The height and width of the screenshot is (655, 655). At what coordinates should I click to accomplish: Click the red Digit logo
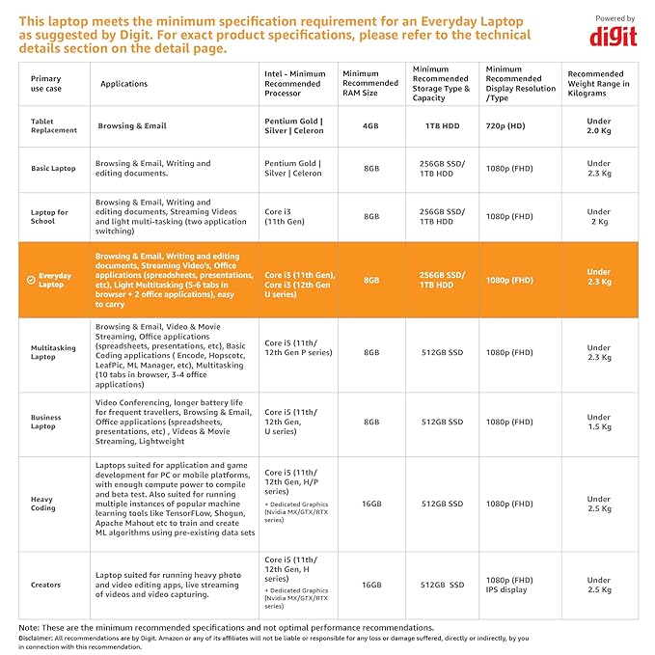[x=614, y=38]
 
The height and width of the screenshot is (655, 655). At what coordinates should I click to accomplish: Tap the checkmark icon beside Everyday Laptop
[x=31, y=280]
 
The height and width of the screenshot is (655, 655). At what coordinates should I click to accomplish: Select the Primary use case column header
[x=46, y=84]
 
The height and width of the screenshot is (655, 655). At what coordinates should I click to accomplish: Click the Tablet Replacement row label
[x=54, y=125]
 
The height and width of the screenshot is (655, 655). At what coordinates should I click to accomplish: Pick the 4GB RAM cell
[x=370, y=125]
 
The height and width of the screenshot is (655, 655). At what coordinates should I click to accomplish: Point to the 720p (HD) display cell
[x=505, y=125]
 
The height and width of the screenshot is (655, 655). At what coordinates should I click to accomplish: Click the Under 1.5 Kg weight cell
[x=599, y=422]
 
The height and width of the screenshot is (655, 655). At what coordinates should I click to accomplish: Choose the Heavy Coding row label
[x=43, y=504]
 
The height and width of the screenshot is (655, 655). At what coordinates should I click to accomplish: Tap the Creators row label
[x=45, y=585]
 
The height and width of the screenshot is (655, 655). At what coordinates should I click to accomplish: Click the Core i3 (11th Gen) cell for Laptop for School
[x=285, y=216]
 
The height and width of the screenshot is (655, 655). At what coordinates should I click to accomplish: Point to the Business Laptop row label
[x=46, y=422]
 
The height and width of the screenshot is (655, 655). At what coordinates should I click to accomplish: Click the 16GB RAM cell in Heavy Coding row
[x=371, y=504]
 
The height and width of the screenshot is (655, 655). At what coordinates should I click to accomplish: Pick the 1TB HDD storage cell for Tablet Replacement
[x=443, y=125]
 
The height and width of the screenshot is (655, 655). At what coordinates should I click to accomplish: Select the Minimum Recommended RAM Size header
[x=370, y=83]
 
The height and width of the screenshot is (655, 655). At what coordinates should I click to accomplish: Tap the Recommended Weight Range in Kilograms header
[x=598, y=84]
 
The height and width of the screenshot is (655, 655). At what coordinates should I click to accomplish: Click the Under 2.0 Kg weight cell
[x=599, y=125]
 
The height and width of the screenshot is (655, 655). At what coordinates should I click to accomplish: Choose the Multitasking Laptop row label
[x=53, y=352]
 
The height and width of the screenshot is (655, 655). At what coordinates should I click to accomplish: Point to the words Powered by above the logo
[x=614, y=18]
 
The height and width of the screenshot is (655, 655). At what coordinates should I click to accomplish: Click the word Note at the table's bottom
[x=28, y=627]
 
